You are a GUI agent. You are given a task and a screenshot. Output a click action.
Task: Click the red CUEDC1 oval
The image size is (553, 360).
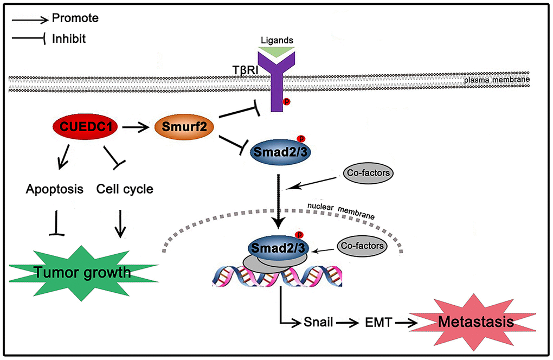tap(79, 128)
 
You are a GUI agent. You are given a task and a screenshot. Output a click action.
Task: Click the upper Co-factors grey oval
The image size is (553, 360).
tap(368, 173)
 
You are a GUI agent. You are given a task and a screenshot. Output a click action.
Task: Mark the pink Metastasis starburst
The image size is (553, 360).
tap(475, 323)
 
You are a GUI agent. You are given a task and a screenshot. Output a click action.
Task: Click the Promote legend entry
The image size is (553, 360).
tap(75, 18)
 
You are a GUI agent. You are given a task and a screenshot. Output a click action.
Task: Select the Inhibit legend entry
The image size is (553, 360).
tap(69, 39)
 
